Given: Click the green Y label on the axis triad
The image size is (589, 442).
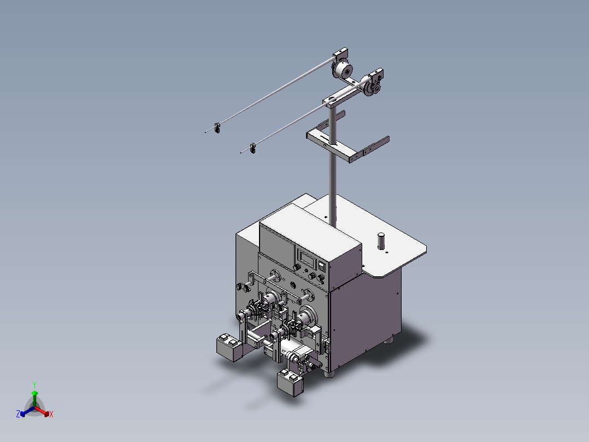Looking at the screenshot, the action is (x=34, y=385).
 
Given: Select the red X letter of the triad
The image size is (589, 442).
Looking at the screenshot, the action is (x=51, y=414).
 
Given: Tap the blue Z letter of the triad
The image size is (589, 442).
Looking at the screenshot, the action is (x=18, y=414).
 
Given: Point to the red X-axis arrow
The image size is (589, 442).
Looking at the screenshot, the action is (x=42, y=411).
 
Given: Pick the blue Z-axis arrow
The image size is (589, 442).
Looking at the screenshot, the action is (x=27, y=411).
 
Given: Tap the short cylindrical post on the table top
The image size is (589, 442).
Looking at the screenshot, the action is (x=381, y=241).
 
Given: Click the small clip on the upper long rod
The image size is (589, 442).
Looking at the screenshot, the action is (x=217, y=128).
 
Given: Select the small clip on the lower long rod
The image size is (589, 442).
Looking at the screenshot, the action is (x=253, y=148).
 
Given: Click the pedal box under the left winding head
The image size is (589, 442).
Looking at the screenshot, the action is (x=229, y=347).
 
